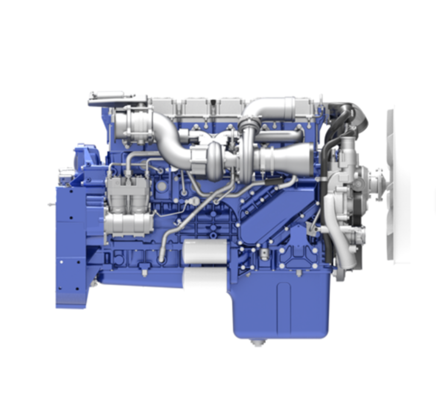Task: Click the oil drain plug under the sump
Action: point(257,342)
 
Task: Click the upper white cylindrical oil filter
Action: point(205,251)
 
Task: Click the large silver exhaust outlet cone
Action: point(286,159)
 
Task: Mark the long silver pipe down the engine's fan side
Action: point(333,230)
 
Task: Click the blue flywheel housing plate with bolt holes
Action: point(70,256)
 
